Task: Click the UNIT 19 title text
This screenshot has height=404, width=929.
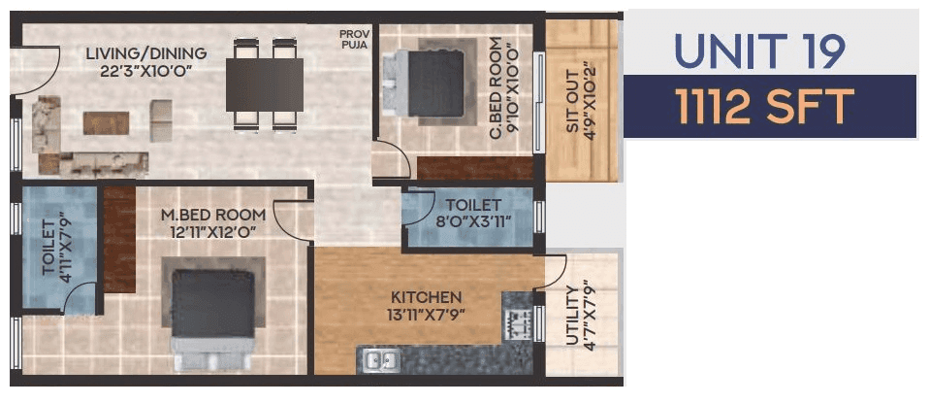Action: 759,50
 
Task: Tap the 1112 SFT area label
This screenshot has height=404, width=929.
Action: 766,106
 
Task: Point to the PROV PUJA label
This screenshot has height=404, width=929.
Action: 354,38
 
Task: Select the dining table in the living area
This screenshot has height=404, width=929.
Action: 265,84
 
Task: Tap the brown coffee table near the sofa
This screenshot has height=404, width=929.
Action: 106,121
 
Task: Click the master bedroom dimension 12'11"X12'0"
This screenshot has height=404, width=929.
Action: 213,233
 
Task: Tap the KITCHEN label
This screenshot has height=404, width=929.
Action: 426,296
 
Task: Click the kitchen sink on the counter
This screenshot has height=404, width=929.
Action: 379,359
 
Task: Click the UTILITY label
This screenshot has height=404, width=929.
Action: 571,316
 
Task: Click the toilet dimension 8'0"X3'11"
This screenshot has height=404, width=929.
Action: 473,221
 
